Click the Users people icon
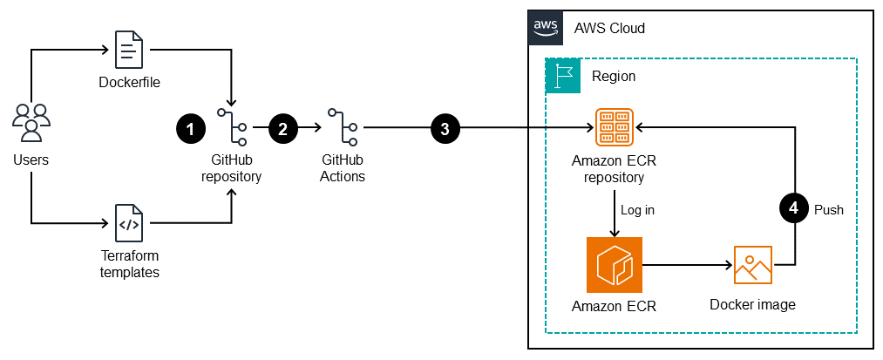31,123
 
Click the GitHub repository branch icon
232,127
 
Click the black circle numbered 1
190,128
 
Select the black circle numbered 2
282,128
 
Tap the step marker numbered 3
445,128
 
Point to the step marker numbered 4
793,209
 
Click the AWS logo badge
546,27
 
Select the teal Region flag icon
562,76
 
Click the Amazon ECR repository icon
615,127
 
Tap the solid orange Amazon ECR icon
615,264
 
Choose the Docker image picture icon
752,264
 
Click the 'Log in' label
637,210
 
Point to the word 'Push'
828,210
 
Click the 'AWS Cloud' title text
609,28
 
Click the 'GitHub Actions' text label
343,168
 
